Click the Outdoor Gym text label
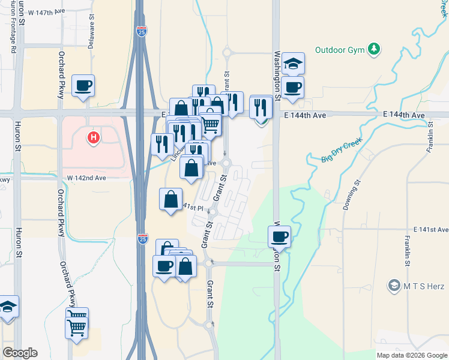340,50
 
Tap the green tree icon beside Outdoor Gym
375,49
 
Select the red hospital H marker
93,138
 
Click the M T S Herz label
426,284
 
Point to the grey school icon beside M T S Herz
394,284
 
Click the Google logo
20,353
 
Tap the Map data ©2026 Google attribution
411,355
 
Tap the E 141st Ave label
430,230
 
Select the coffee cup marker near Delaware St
83,85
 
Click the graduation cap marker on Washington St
293,64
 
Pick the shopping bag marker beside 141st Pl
171,199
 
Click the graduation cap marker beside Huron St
8,308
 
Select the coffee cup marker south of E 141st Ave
279,236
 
